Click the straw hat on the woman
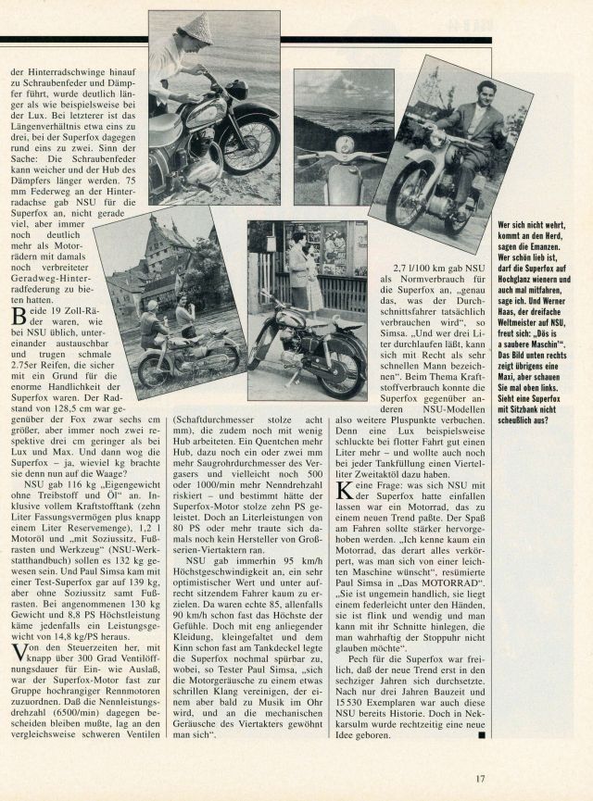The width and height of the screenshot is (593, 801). point(195,28)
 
